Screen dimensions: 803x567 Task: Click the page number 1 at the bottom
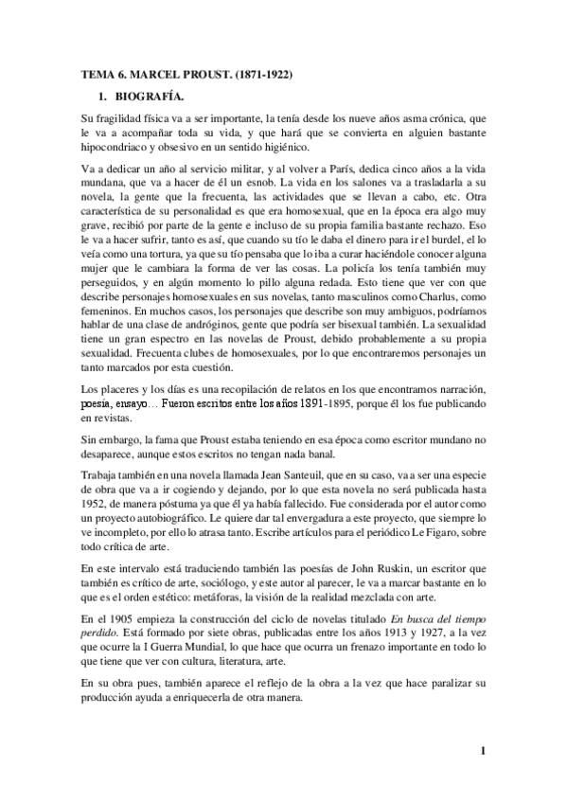click(x=482, y=753)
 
